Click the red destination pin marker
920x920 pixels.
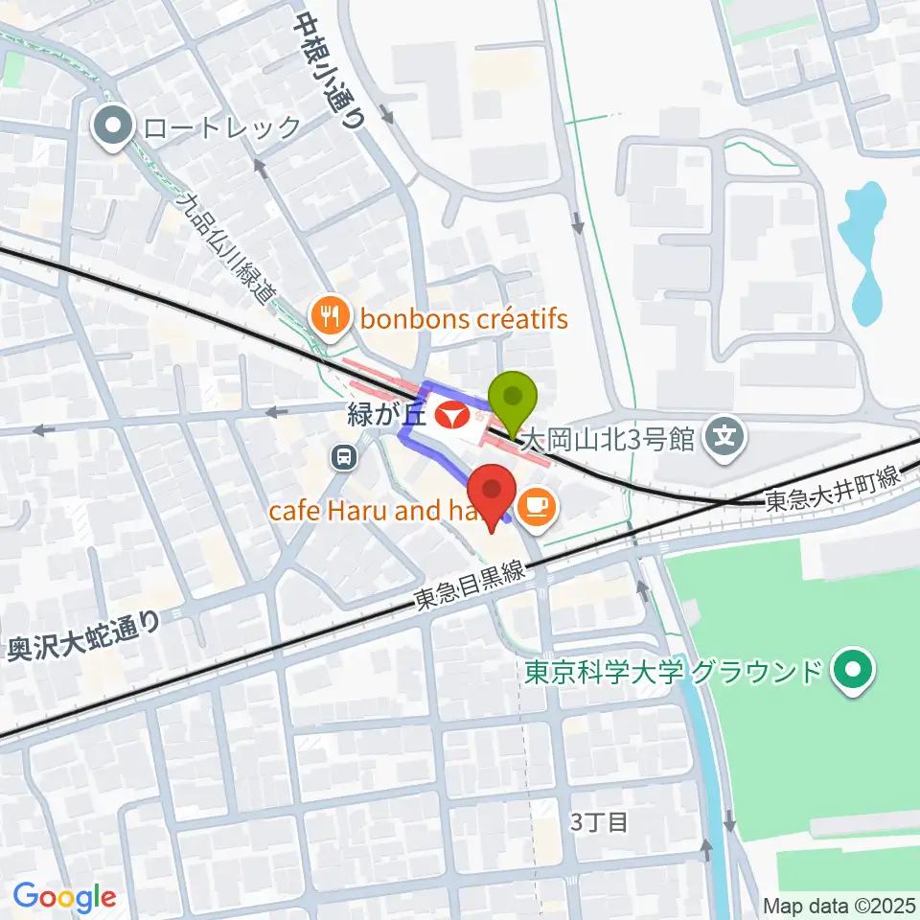click(493, 494)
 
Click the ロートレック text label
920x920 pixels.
click(221, 126)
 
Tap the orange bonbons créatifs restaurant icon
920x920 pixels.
click(330, 316)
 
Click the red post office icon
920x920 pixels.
click(448, 416)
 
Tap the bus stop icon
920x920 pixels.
click(342, 457)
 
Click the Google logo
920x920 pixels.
click(64, 897)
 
